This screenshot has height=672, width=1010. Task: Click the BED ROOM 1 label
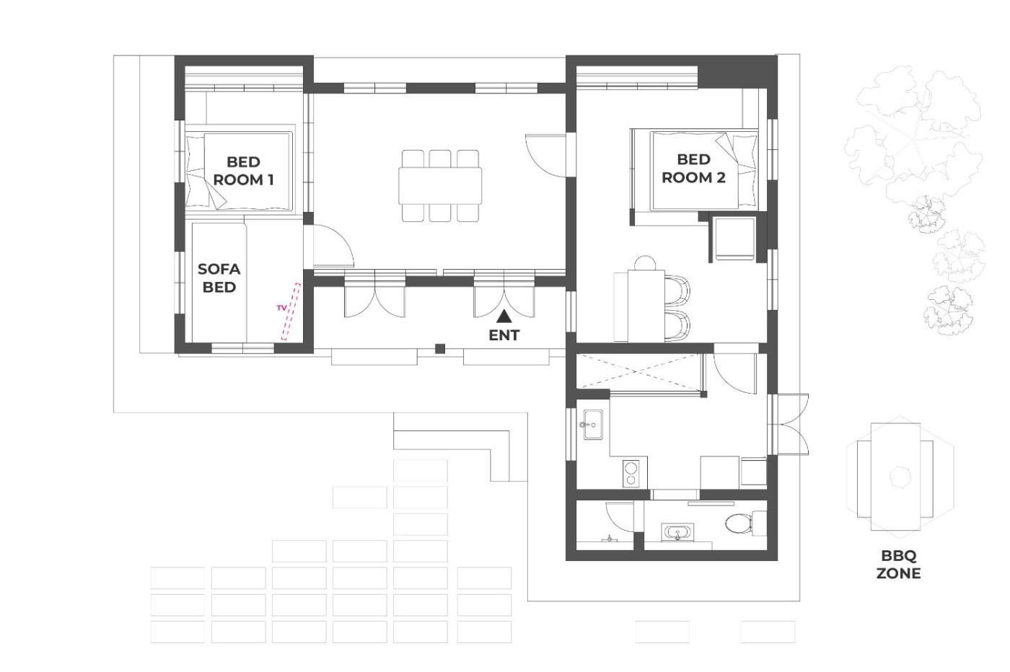tap(244, 171)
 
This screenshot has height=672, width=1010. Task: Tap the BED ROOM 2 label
tap(693, 169)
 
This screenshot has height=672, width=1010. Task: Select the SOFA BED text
tap(219, 278)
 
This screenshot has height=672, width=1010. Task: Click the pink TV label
tap(282, 309)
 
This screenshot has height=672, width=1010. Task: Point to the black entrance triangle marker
tap(504, 317)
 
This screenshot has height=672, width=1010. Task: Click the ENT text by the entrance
tap(504, 335)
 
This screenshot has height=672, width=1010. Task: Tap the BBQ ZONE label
tap(898, 565)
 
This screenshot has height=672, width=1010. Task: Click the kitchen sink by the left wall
tap(593, 424)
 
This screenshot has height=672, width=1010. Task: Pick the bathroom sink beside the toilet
tap(677, 533)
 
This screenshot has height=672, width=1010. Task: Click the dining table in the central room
tap(440, 186)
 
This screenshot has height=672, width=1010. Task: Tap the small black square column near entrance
tap(440, 348)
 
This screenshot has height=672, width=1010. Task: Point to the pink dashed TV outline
tap(291, 311)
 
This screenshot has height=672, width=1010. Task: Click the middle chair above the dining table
tap(440, 159)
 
